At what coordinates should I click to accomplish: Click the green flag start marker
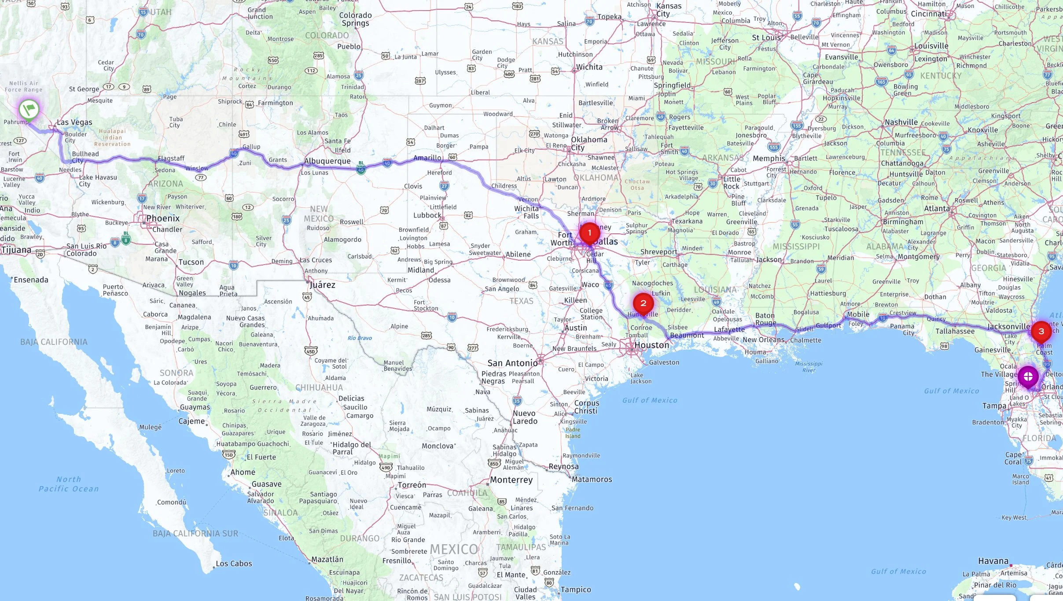[29, 108]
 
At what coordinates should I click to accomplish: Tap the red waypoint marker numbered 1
[589, 232]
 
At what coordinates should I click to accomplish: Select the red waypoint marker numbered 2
[643, 303]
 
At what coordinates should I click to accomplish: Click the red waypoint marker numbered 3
[1041, 331]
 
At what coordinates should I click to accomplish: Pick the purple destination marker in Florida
[1028, 376]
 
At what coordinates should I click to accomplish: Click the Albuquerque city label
[327, 161]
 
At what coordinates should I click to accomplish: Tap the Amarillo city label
[427, 158]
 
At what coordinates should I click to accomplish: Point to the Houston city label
[651, 345]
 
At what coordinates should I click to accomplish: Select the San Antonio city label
[512, 363]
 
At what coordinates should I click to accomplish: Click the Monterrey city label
[511, 480]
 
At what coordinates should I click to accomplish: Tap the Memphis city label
[769, 159]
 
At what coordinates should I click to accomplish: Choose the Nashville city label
[901, 122]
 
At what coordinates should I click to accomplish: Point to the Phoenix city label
[163, 218]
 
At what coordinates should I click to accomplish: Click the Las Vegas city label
[74, 122]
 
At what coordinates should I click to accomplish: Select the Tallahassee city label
[955, 332]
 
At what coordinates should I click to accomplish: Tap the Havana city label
[993, 561]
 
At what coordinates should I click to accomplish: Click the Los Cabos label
[234, 564]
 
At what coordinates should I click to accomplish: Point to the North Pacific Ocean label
[69, 484]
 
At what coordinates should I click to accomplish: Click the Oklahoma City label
[589, 144]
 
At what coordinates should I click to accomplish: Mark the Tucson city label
[191, 262]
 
